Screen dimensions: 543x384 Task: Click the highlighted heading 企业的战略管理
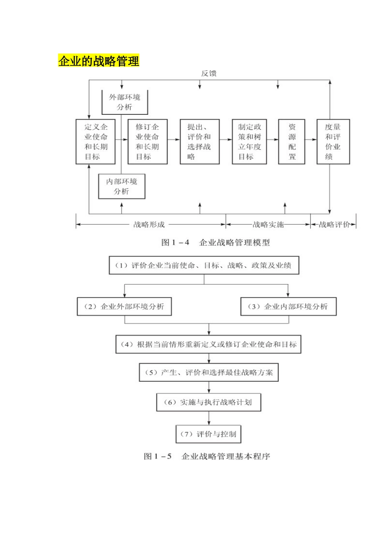(99, 61)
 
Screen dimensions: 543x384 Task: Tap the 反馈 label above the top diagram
(209, 74)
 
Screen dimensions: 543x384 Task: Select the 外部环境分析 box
(124, 102)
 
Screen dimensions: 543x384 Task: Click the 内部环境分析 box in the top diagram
(122, 186)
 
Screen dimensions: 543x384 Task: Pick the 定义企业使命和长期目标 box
(95, 141)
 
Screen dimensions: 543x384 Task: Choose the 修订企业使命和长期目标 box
(147, 141)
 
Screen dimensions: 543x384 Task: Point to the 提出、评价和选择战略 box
(199, 141)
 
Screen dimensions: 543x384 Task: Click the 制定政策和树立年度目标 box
(249, 141)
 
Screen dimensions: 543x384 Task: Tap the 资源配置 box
(291, 141)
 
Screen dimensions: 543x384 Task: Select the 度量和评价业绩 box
(333, 141)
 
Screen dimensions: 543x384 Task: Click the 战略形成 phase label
(149, 225)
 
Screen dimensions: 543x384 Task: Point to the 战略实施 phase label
(268, 225)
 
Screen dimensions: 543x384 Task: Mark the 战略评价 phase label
(334, 225)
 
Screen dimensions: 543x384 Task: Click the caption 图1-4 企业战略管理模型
(215, 242)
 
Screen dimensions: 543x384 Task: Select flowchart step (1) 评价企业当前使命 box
(204, 265)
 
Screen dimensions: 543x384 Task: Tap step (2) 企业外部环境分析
(124, 307)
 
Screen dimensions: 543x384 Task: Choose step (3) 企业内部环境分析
(288, 307)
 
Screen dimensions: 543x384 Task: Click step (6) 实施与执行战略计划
(209, 402)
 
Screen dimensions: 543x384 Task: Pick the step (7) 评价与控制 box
(209, 434)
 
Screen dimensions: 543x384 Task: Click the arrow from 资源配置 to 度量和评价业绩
(310, 140)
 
